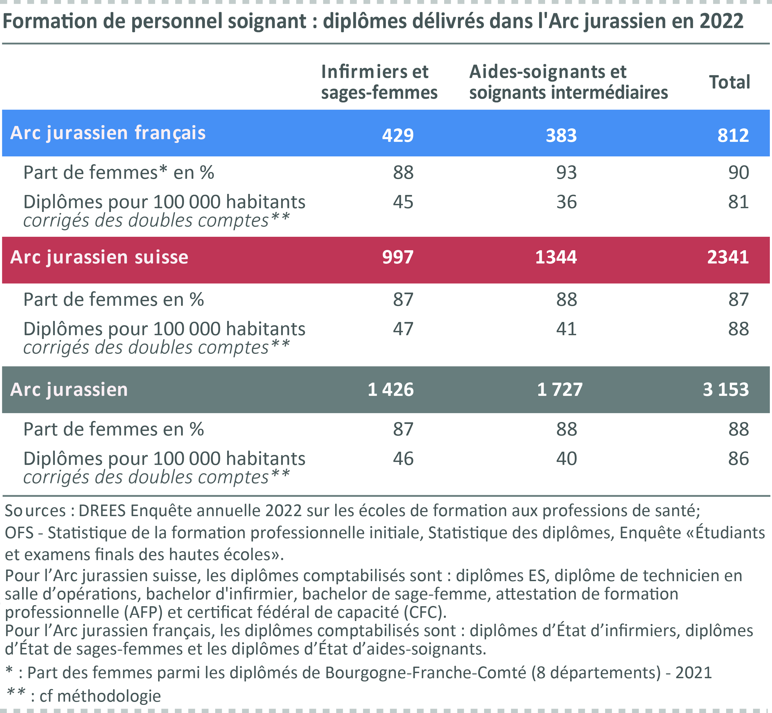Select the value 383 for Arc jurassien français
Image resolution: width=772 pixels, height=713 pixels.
pyautogui.click(x=561, y=135)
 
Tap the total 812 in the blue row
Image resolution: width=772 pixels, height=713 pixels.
pyautogui.click(x=733, y=135)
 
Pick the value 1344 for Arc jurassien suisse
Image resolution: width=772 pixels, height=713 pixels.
pyautogui.click(x=556, y=257)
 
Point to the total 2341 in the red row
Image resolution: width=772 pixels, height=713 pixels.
pyautogui.click(x=728, y=257)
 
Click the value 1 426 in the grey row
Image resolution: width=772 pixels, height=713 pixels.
pyautogui.click(x=391, y=389)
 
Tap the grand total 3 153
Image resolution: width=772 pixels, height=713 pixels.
pyautogui.click(x=726, y=389)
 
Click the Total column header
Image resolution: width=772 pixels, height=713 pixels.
pyautogui.click(x=730, y=82)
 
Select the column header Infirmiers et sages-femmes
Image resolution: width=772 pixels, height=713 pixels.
pyautogui.click(x=379, y=82)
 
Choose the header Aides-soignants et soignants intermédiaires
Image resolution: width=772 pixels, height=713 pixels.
pyautogui.click(x=568, y=82)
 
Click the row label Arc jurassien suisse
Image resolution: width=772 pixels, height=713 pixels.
pyautogui.click(x=99, y=257)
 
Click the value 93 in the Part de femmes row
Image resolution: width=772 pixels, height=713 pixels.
pyautogui.click(x=566, y=173)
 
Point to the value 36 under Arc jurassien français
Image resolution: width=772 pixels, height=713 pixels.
pyautogui.click(x=566, y=202)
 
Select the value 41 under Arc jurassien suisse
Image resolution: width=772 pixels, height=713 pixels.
pyautogui.click(x=566, y=329)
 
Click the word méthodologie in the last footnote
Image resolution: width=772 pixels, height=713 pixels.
pyautogui.click(x=109, y=696)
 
